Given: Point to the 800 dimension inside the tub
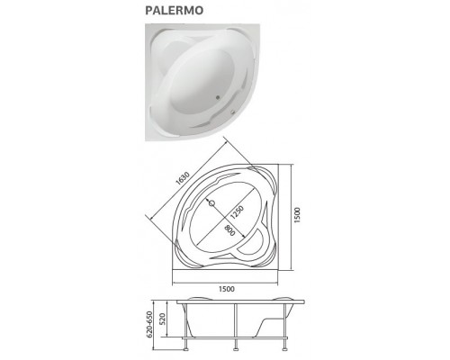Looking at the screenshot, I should click(232, 236).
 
